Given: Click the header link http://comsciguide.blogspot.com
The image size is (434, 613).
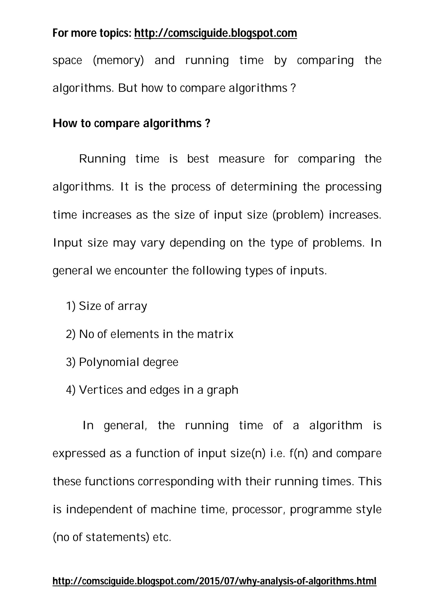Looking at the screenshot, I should pos(216,33).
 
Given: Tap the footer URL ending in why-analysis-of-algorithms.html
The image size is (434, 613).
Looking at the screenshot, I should pos(214,581).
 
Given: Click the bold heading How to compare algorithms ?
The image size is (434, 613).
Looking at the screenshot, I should pos(131,123).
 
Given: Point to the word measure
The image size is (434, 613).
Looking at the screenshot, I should pos(241,159).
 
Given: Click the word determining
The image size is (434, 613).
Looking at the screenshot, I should pos(264,187).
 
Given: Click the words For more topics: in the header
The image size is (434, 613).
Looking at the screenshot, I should pos(92,33).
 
